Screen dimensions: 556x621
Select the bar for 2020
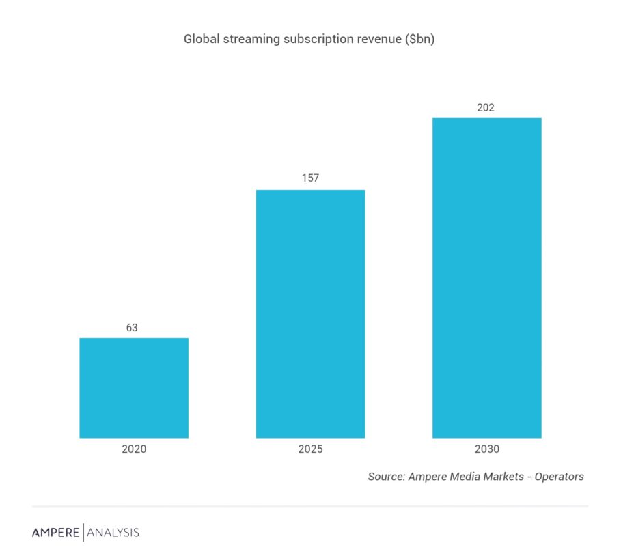(x=134, y=387)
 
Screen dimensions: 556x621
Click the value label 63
(x=132, y=328)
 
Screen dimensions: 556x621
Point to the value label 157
(x=310, y=178)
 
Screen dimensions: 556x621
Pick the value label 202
(x=486, y=107)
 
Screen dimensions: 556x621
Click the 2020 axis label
(x=134, y=449)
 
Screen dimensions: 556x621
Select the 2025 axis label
(x=310, y=449)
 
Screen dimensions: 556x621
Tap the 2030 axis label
(x=486, y=449)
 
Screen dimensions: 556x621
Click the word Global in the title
(x=201, y=39)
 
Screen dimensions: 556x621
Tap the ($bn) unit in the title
(x=420, y=40)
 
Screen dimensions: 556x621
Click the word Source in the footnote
(x=386, y=477)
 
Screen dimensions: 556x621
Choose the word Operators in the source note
(x=560, y=477)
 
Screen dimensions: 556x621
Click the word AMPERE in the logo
(x=56, y=532)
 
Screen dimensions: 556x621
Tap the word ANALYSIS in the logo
(x=113, y=532)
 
